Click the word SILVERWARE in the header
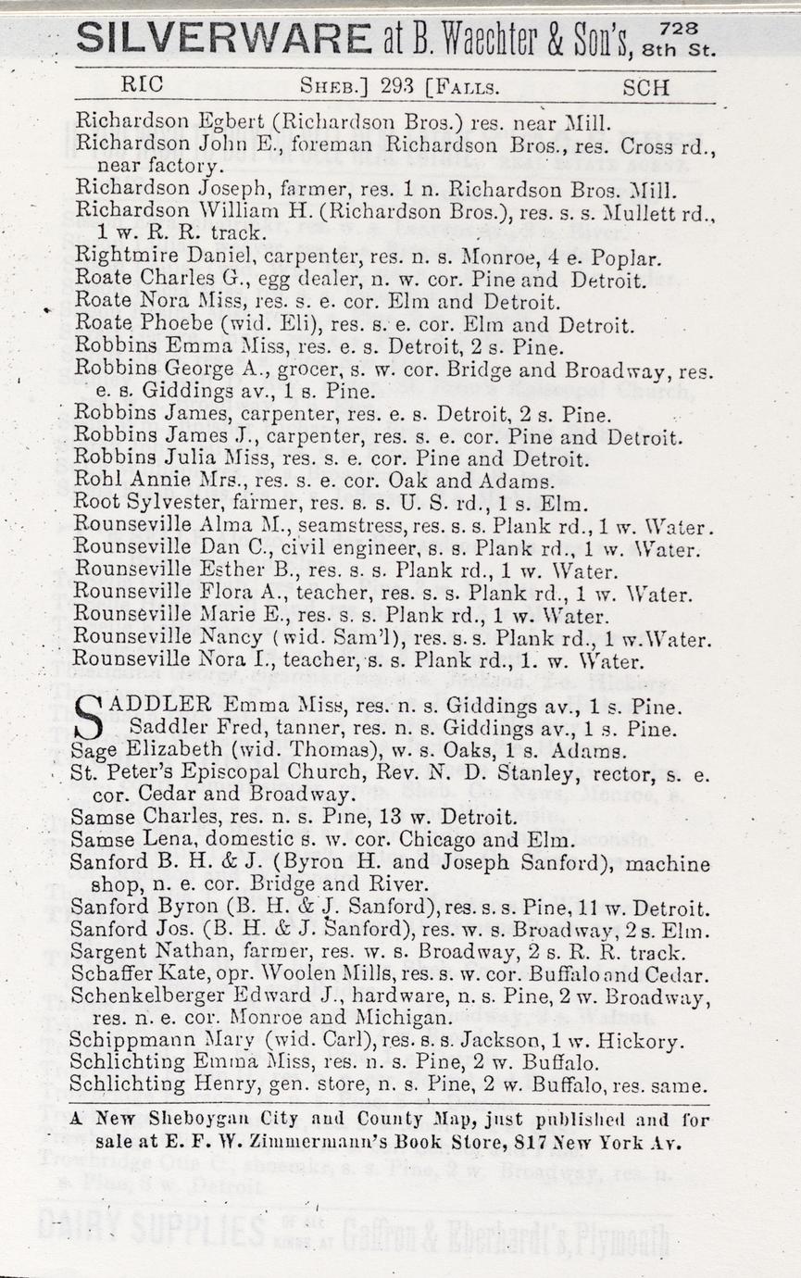[x=222, y=39]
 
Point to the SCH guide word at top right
[x=646, y=87]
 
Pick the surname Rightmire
[x=119, y=256]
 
